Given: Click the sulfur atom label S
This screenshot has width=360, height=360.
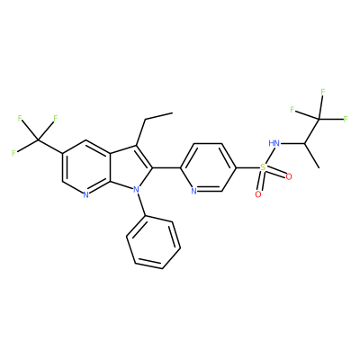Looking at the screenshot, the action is [x=263, y=167].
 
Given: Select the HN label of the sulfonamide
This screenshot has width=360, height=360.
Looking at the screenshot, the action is [x=274, y=143].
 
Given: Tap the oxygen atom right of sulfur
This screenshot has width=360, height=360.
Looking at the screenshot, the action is [x=289, y=176].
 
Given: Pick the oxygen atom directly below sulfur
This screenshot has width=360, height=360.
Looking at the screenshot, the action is [x=258, y=194].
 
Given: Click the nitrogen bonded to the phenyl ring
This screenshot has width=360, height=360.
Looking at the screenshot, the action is [x=137, y=190].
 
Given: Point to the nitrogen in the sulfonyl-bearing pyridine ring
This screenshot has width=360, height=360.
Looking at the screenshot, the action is [x=193, y=191].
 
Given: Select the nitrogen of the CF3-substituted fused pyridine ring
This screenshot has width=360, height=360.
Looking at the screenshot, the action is [x=85, y=194].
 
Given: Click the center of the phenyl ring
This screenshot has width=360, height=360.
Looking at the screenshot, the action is [x=154, y=244].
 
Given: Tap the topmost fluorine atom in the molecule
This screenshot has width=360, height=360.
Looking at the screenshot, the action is [x=323, y=92].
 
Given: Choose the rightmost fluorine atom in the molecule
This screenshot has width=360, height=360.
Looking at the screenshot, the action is [x=346, y=120].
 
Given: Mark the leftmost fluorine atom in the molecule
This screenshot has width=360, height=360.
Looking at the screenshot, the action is [x=13, y=153].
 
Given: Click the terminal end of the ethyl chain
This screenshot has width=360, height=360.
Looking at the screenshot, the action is [x=173, y=113].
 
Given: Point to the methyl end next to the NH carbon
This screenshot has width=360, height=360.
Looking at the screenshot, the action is [x=319, y=167].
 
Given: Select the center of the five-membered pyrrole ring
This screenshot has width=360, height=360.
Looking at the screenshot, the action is [x=130, y=168].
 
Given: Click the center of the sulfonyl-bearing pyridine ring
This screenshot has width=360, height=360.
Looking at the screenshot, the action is [x=208, y=167].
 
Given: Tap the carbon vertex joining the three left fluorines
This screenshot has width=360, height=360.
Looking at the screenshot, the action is [x=38, y=139].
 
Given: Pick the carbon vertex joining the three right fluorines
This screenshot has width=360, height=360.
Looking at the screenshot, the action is [x=319, y=119].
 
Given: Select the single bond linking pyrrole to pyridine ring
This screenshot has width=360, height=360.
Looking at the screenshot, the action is [x=166, y=167].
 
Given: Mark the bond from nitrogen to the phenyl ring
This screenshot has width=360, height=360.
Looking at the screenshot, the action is [x=141, y=204].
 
